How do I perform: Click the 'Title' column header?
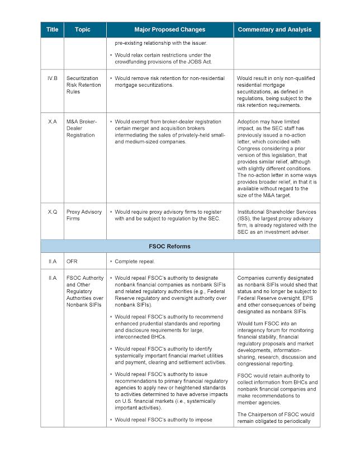click(x=52, y=30)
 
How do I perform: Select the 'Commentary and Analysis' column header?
click(x=274, y=30)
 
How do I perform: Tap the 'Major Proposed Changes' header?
click(x=169, y=30)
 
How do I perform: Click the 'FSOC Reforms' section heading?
click(x=180, y=246)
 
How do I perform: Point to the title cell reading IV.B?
click(x=52, y=79)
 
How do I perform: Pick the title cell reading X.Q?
click(x=52, y=212)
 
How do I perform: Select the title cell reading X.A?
click(x=52, y=121)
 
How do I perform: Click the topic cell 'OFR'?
click(x=72, y=261)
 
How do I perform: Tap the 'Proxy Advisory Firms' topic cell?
click(x=84, y=215)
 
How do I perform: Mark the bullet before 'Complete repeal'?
click(x=111, y=261)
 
